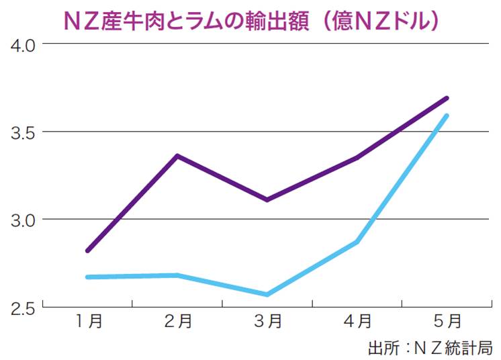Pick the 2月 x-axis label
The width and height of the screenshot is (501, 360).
[177, 322]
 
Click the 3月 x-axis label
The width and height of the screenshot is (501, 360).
[267, 322]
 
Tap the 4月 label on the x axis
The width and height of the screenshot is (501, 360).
[357, 322]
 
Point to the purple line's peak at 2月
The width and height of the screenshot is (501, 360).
[177, 156]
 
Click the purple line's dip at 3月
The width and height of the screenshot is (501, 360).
[267, 199]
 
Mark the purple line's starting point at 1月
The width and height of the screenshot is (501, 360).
[88, 251]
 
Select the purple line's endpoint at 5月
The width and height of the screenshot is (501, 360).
[447, 98]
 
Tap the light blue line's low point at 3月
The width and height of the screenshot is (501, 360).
[267, 294]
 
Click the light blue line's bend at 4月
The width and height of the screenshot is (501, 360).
[357, 242]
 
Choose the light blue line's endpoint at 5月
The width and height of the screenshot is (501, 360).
[447, 116]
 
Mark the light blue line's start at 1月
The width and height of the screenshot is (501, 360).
[88, 277]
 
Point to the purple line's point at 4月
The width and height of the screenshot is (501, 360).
[357, 158]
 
